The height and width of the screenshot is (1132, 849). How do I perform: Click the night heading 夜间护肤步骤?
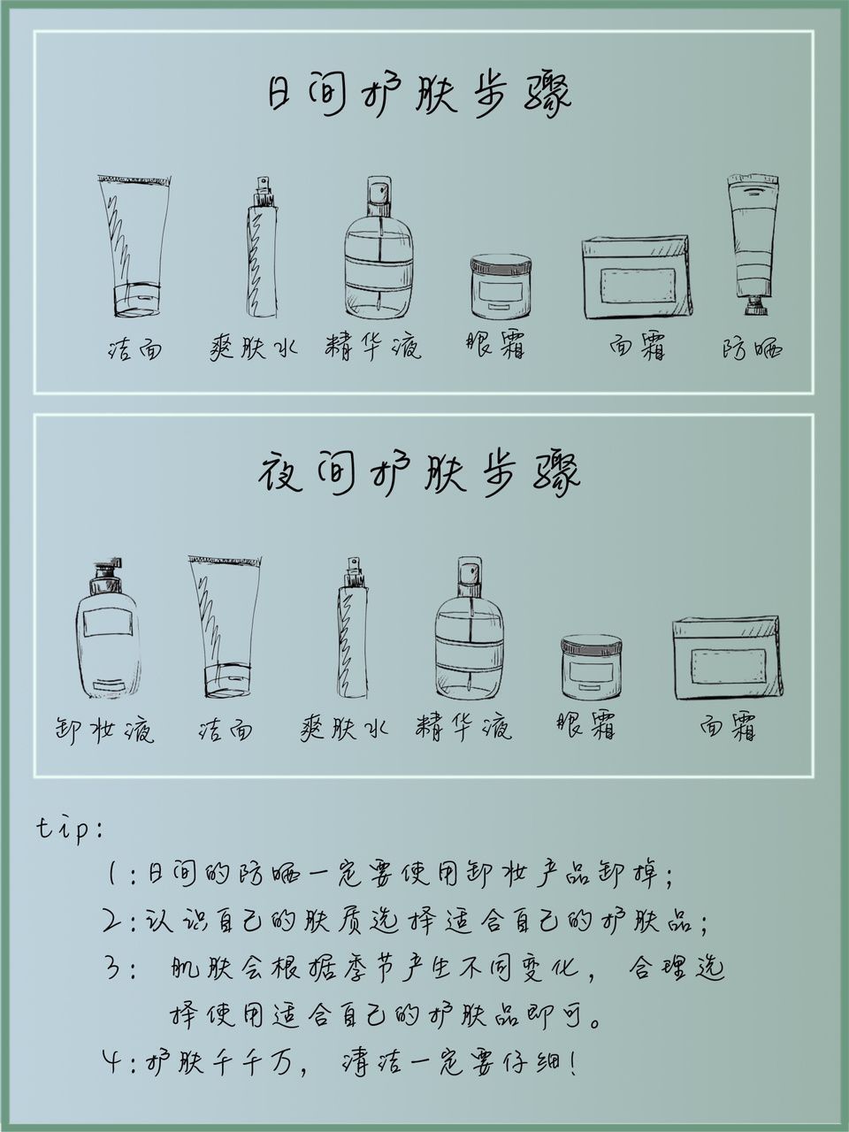[419, 473]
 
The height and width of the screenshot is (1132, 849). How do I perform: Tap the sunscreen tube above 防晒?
[753, 245]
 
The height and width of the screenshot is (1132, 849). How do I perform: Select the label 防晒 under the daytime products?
[752, 349]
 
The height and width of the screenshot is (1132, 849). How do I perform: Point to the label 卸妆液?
[104, 729]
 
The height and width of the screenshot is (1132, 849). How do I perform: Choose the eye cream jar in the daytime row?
[501, 286]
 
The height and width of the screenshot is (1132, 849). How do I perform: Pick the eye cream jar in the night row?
[592, 667]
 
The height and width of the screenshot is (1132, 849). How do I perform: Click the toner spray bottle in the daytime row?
[262, 247]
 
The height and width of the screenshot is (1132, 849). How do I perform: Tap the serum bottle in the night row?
[469, 628]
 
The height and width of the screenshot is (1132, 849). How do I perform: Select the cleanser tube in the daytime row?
[134, 245]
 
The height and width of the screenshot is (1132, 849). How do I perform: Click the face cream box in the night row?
[725, 658]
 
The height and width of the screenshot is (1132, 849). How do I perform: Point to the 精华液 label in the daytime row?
[373, 346]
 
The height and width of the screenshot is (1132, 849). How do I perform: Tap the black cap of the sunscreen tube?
[755, 306]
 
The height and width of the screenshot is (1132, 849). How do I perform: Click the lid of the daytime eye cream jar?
[501, 262]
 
